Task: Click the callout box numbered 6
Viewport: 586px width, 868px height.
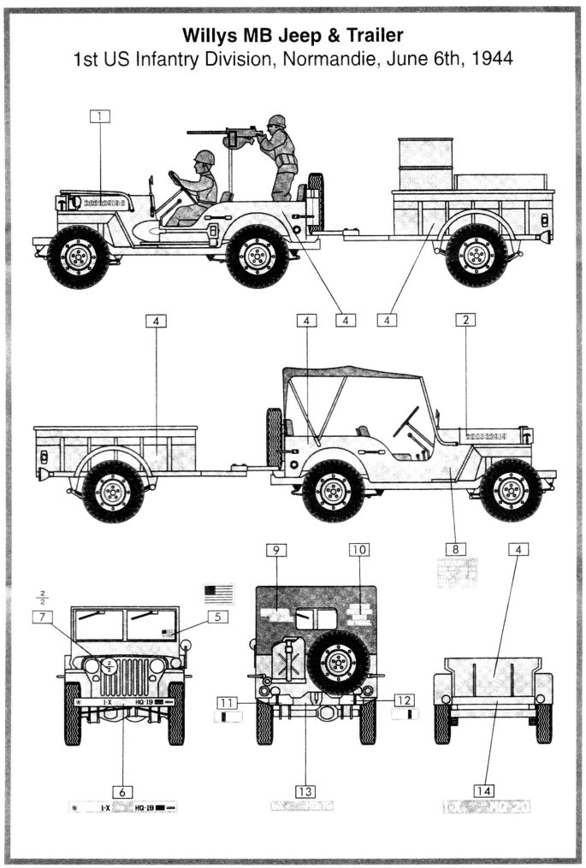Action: pos(124,789)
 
